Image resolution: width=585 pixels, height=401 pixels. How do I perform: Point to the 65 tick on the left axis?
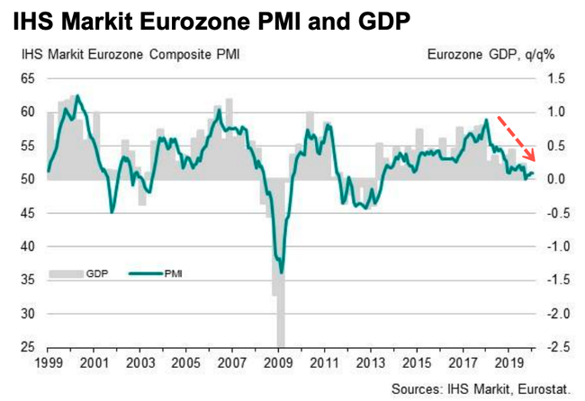[x=28, y=79]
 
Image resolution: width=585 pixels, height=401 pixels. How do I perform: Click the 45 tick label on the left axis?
[x=28, y=213]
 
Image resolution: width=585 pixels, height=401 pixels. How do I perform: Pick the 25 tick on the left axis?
[x=28, y=347]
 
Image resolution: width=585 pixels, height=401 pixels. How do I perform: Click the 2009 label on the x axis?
[x=278, y=365]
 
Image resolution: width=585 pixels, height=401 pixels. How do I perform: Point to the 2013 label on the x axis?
[x=371, y=365]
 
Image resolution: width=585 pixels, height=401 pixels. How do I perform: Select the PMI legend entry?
[x=158, y=272]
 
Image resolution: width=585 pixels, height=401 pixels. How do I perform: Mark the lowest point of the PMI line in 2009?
[x=282, y=272]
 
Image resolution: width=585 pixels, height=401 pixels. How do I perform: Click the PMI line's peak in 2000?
[x=77, y=95]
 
